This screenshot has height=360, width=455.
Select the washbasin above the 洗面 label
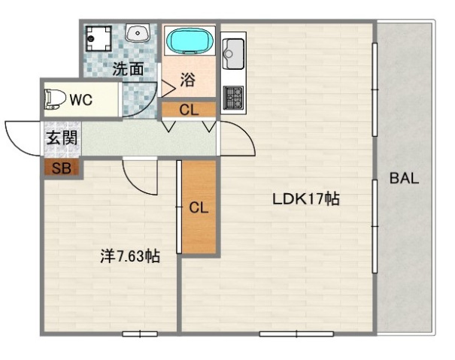point(138,34)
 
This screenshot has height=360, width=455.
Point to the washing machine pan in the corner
point(99,37)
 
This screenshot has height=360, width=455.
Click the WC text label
point(80,100)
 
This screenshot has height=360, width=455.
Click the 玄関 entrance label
point(61,138)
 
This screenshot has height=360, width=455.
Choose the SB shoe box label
point(61,168)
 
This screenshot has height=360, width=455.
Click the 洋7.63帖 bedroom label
point(130,256)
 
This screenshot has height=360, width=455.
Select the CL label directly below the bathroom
point(189,110)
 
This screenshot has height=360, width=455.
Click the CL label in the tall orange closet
point(199,207)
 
